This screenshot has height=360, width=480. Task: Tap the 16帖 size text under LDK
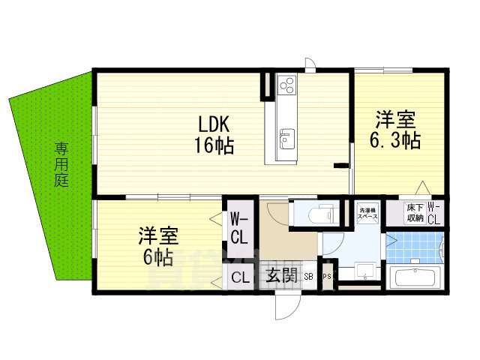tap(214, 145)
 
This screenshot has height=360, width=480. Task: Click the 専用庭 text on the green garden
tap(61, 165)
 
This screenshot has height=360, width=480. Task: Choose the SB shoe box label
tap(310, 277)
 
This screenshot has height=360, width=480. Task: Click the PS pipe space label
tap(327, 277)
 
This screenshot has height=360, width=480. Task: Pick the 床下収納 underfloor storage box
tap(414, 212)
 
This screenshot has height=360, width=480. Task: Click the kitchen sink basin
tap(286, 138)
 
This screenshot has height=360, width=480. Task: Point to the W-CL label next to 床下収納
tap(436, 212)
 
